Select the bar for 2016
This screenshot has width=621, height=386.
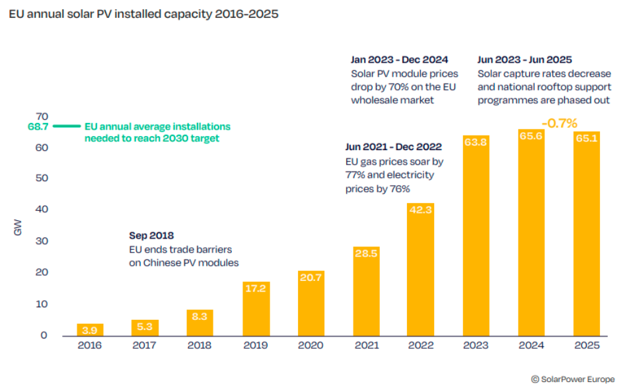click(x=90, y=329)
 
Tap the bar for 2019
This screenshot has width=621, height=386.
click(x=256, y=309)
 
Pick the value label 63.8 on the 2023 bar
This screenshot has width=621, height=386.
click(x=476, y=141)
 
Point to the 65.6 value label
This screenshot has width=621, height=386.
click(x=531, y=136)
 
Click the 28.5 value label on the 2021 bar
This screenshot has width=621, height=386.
click(x=366, y=253)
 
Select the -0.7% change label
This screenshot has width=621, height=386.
click(x=559, y=123)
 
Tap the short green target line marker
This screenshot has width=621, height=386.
click(x=67, y=126)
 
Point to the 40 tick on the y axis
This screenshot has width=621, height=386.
click(x=42, y=210)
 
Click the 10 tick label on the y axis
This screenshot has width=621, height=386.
click(x=42, y=304)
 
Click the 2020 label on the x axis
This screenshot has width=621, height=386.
click(x=310, y=346)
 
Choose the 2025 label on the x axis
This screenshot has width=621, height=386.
click(x=586, y=346)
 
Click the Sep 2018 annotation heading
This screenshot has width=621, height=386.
click(x=151, y=235)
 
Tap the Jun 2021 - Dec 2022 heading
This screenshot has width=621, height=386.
click(x=393, y=147)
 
